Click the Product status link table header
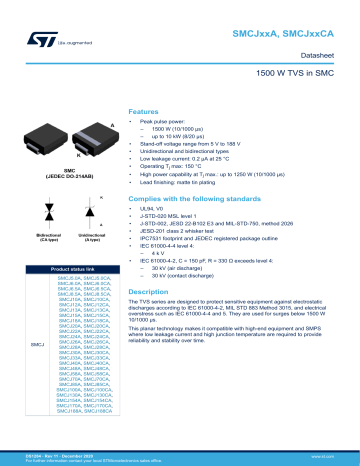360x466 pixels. coord(64,270)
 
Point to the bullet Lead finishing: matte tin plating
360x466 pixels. coord(190,184)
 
